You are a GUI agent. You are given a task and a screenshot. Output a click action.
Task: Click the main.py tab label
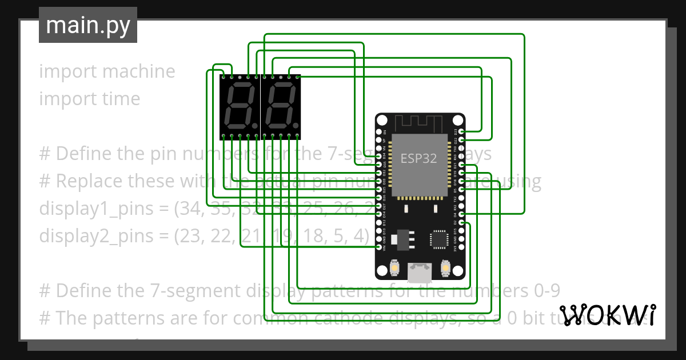[87, 25]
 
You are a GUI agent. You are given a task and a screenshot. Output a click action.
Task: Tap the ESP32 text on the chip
[418, 158]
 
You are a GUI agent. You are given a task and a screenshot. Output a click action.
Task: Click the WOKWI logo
[607, 315]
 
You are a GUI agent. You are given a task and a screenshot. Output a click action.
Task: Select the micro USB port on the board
[420, 273]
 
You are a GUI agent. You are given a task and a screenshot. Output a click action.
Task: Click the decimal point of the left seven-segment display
[256, 125]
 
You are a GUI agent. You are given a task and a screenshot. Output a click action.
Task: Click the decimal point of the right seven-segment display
[296, 125]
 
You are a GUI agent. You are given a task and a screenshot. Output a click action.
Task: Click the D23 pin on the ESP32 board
[461, 131]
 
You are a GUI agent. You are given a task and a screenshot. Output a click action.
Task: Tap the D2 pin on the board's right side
[461, 222]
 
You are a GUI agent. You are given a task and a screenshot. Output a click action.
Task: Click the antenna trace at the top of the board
[420, 122]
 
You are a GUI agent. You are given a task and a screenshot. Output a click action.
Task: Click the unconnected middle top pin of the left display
[240, 76]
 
